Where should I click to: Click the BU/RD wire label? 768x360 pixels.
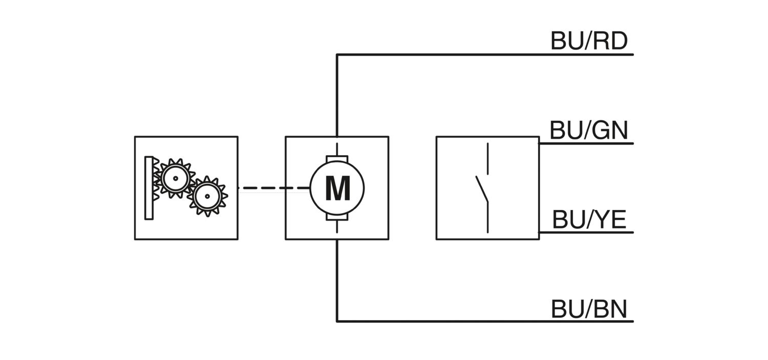589,41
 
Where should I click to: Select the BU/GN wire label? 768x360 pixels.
589,130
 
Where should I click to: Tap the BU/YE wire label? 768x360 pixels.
589,219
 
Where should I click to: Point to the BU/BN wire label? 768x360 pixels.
589,309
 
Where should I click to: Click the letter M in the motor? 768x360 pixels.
338,188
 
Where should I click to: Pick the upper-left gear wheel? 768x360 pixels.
176,178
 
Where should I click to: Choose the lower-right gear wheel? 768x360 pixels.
207,197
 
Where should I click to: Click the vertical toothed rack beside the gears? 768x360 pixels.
149,188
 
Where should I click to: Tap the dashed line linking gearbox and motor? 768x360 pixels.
274,188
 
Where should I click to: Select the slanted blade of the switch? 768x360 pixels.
482,189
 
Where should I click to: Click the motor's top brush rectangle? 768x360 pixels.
337,159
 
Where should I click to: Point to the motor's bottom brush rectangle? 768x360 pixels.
337,217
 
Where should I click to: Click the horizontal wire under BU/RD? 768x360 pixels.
485,54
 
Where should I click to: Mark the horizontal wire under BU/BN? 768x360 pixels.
485,322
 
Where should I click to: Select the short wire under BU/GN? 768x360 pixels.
586,144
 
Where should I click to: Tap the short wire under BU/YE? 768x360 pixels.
586,232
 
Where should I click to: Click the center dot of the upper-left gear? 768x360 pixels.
176,178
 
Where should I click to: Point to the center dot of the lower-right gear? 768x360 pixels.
207,197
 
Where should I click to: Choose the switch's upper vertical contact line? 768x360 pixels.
487,158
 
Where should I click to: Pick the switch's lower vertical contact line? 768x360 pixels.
487,218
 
